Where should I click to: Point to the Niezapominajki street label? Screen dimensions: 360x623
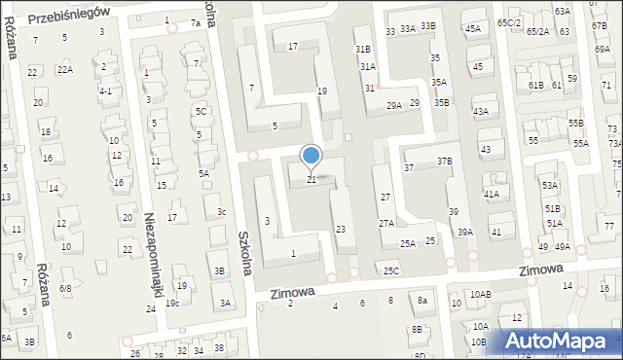point(152,256)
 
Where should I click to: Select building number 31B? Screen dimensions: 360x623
point(363,49)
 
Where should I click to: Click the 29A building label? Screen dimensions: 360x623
point(394,105)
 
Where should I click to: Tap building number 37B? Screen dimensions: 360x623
point(445,161)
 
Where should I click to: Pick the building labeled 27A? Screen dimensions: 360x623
point(386,223)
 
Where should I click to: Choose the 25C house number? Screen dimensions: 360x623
point(391,271)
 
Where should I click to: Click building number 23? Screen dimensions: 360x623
point(340,229)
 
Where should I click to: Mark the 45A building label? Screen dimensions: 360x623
point(473,29)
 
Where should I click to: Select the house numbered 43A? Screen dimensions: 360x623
point(481,112)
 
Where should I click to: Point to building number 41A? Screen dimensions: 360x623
point(492,194)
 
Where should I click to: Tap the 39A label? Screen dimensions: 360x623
point(465,232)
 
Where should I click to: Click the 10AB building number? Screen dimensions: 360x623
point(481,294)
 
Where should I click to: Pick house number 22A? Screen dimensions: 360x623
point(65,69)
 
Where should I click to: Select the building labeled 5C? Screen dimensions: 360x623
point(202,112)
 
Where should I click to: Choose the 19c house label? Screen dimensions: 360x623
point(172,303)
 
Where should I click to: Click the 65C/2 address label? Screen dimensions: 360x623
point(509,22)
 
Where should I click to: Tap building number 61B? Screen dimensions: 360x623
point(536,86)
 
